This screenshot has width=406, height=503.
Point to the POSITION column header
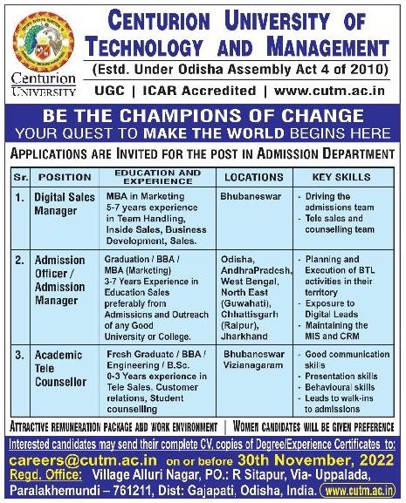click(65, 176)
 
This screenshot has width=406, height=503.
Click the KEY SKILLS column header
click(343, 176)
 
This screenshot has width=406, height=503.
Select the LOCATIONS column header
click(254, 176)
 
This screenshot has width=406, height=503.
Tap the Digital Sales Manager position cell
click(65, 203)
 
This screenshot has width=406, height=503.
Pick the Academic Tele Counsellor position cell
click(61, 369)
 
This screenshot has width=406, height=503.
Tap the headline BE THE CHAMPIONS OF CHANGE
click(203, 116)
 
